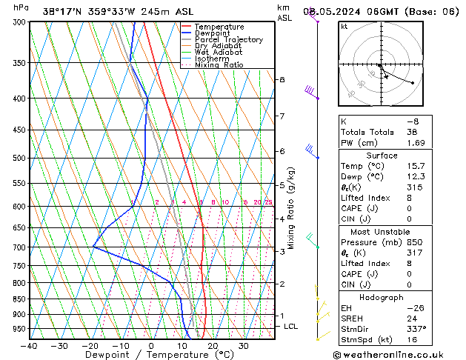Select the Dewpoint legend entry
213,33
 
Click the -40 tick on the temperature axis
30,345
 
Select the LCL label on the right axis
291,326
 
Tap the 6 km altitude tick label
282,151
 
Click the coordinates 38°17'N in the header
62,11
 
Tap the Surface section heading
382,155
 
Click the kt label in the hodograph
344,26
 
